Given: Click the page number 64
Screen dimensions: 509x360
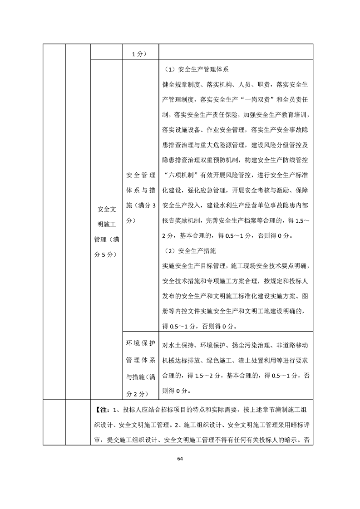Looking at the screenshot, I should click(x=180, y=458).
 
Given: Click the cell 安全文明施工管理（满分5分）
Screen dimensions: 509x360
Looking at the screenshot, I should click(x=106, y=232).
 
